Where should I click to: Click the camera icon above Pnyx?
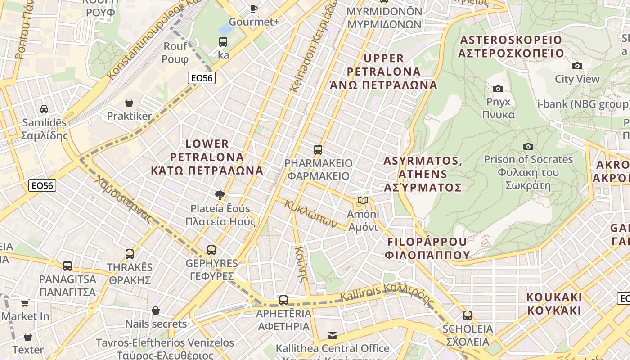point(498,89)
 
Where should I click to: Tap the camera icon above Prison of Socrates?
point(528,146)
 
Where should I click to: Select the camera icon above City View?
point(577,66)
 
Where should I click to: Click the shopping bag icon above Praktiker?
point(129,103)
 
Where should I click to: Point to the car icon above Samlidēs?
point(44,109)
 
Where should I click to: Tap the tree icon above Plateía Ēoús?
point(220,195)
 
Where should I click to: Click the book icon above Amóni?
point(363,200)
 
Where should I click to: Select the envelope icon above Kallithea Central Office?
point(333,335)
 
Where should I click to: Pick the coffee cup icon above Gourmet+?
point(254,8)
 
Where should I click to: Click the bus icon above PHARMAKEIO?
point(318,149)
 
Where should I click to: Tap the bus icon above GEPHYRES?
point(211,250)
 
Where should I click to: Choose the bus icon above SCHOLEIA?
point(468,315)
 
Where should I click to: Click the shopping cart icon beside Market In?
point(25,303)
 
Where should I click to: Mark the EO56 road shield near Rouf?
point(202,78)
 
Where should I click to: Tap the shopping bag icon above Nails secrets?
point(156,310)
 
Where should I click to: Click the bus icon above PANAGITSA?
point(67,265)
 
